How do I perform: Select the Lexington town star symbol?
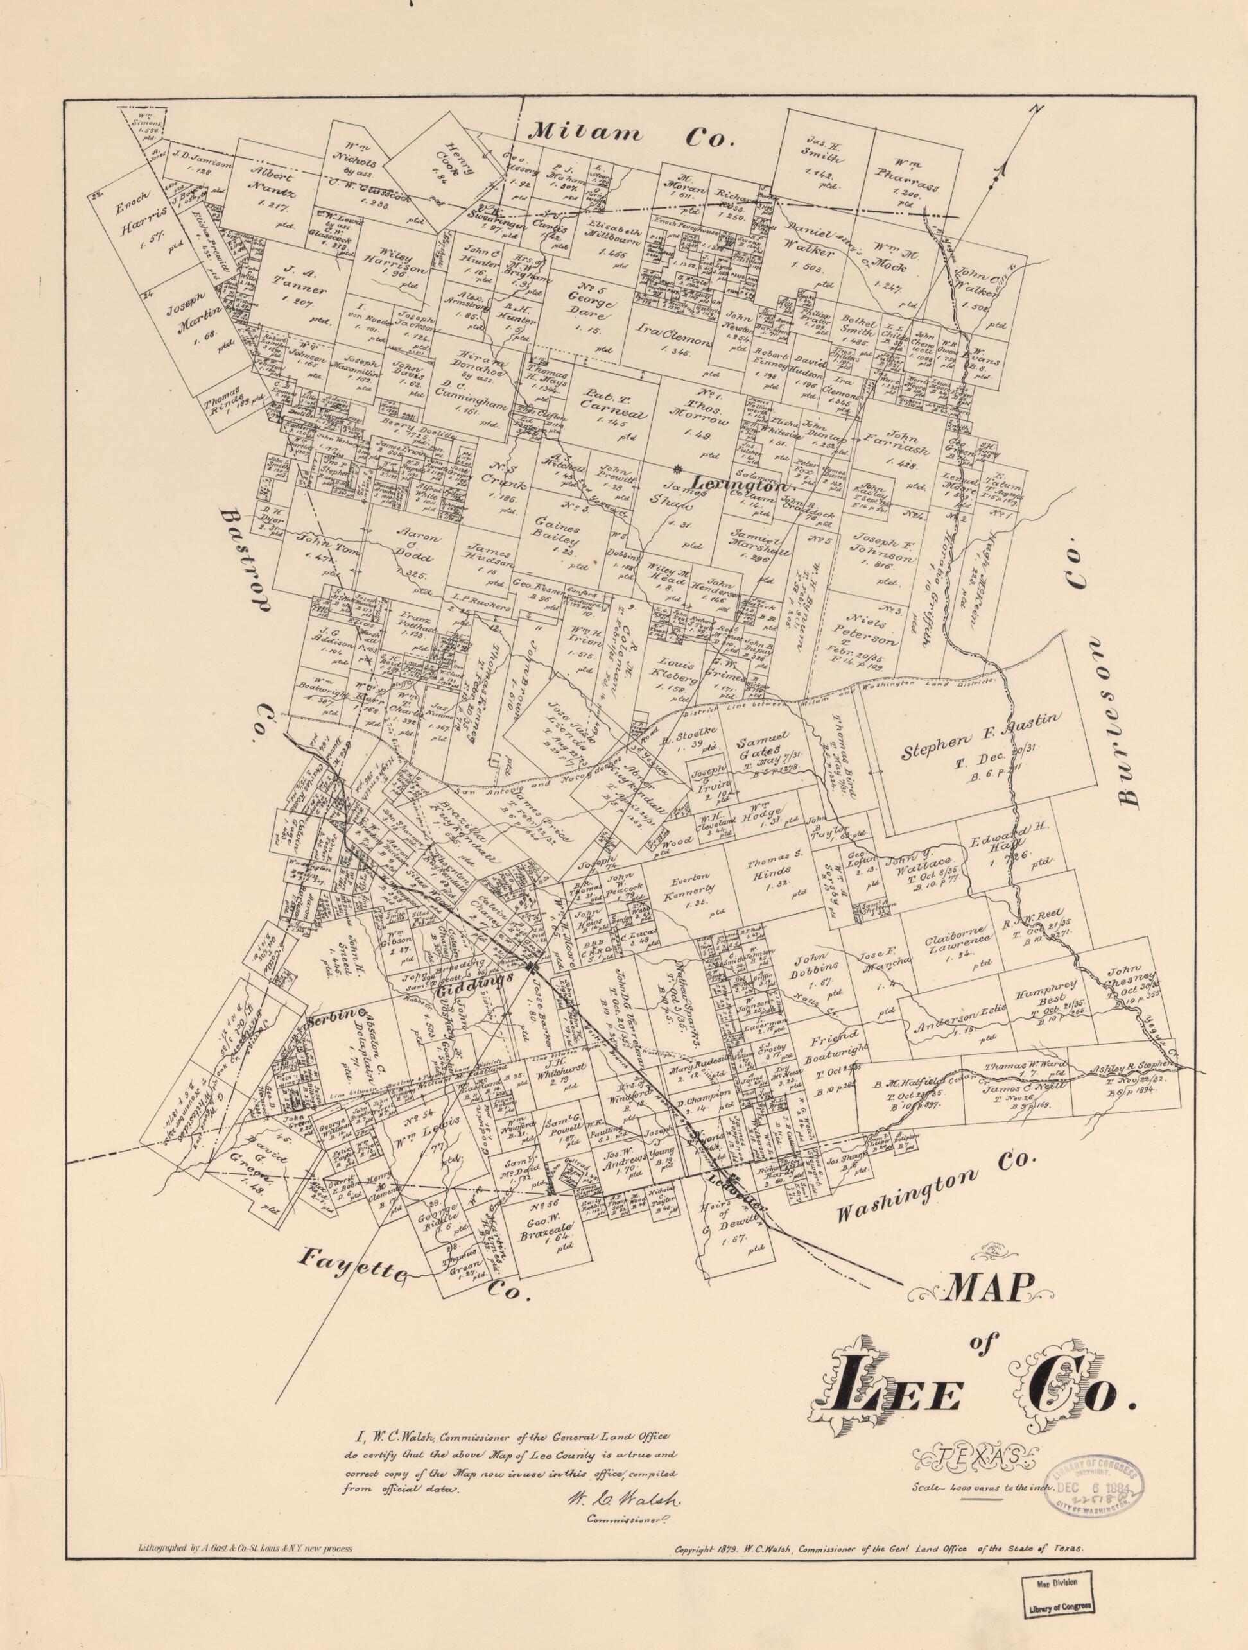(677, 468)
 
